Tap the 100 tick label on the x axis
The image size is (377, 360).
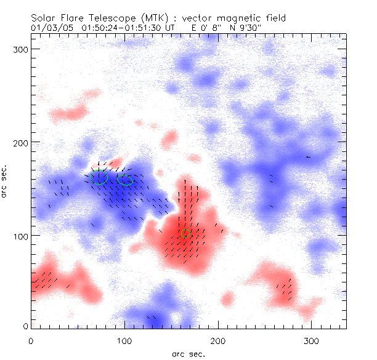(x=124, y=340)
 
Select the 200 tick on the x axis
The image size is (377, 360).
(x=218, y=340)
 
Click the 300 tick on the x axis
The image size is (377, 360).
(x=312, y=340)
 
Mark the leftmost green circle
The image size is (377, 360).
(x=99, y=177)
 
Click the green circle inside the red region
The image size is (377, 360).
(x=186, y=234)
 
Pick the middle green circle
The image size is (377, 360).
(x=126, y=180)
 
